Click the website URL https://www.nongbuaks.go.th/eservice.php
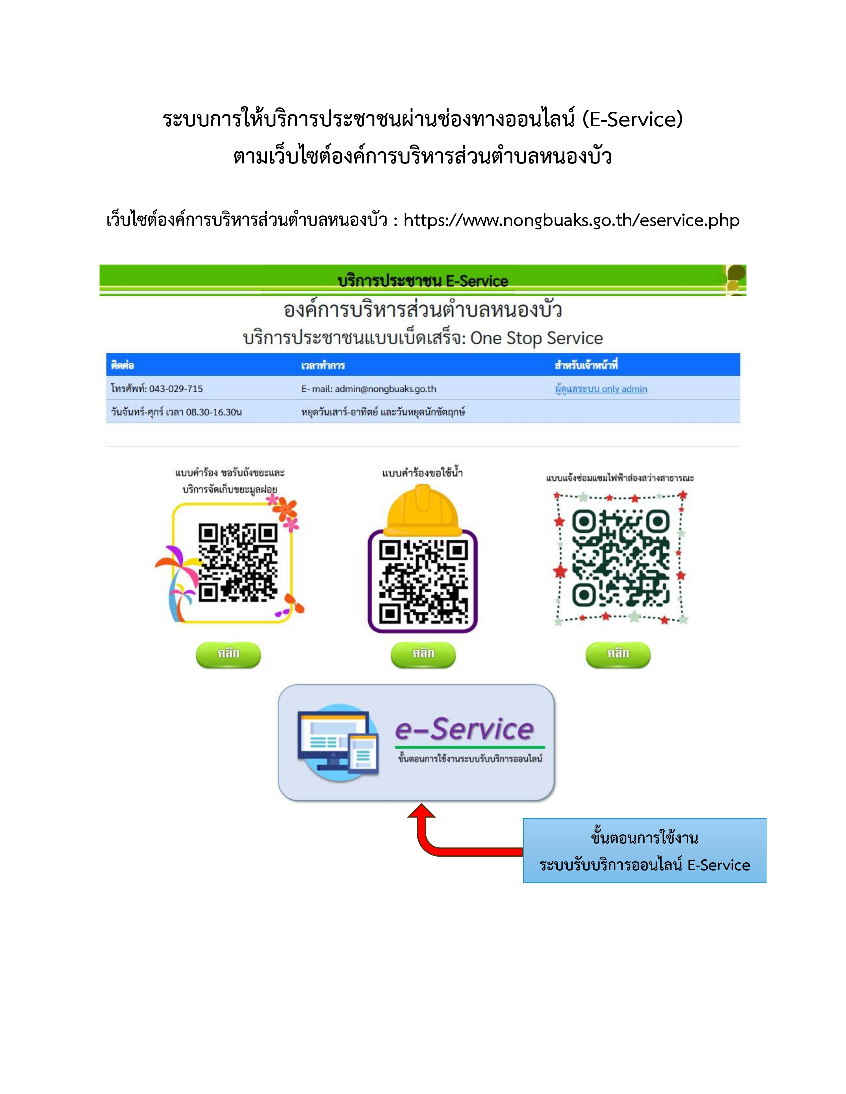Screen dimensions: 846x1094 pos(571,220)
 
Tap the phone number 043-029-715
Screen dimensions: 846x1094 pos(176,389)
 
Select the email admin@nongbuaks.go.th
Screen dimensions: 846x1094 pos(386,389)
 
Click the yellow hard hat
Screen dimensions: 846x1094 pos(422,511)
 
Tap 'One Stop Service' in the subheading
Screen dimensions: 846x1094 pos(536,338)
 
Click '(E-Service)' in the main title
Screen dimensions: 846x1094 pos(632,119)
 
